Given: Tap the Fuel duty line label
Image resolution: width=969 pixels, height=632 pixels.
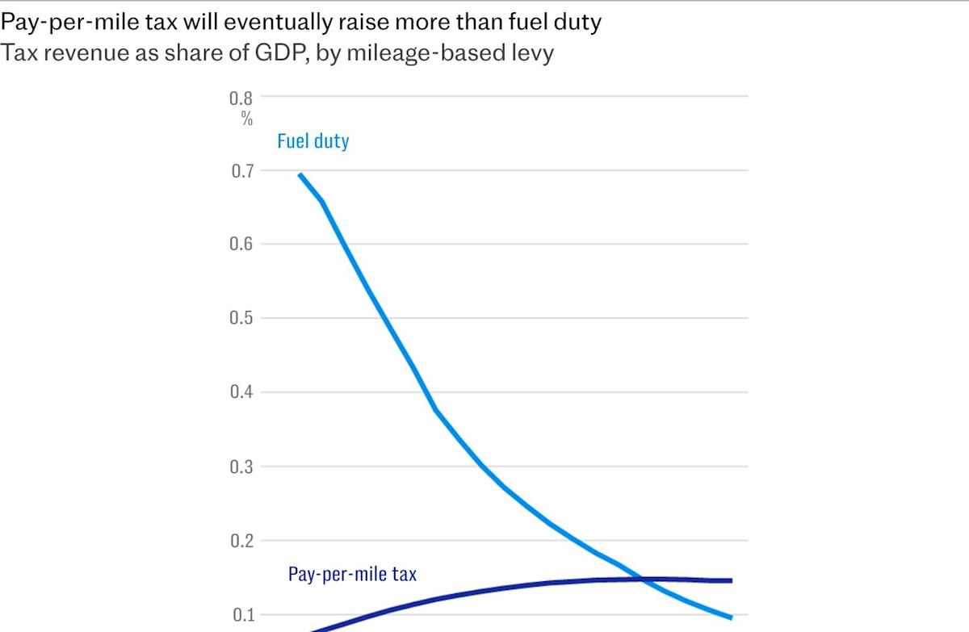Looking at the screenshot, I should [x=313, y=142].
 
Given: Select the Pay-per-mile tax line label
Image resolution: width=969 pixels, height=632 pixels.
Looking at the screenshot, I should [x=352, y=575].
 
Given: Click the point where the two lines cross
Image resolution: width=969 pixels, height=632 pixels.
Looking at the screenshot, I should [x=643, y=579].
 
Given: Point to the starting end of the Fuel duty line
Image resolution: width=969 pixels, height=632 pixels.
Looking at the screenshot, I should [x=300, y=174].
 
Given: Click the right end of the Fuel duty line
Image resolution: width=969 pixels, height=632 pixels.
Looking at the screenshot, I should [x=731, y=617].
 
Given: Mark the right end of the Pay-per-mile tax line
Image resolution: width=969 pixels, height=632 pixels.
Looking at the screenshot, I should [x=731, y=580].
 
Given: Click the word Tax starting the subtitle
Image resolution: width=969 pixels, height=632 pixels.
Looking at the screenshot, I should [x=17, y=55].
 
